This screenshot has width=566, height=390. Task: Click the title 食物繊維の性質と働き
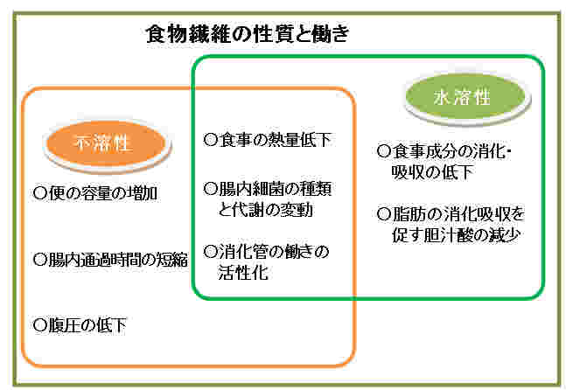pyautogui.click(x=248, y=34)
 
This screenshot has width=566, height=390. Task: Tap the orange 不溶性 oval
pyautogui.click(x=107, y=144)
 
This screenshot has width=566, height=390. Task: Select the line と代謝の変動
pyautogui.click(x=265, y=210)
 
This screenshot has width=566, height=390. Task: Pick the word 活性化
pyautogui.click(x=243, y=272)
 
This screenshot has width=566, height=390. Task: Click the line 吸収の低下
pyautogui.click(x=432, y=172)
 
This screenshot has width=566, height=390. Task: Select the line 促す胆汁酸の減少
pyautogui.click(x=456, y=235)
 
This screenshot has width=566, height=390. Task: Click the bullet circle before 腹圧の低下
pyautogui.click(x=40, y=325)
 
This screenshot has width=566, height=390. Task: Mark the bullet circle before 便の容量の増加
pyautogui.click(x=40, y=193)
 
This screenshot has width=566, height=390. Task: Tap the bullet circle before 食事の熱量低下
pyautogui.click(x=211, y=140)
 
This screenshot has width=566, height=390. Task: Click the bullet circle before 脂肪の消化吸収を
pyautogui.click(x=384, y=214)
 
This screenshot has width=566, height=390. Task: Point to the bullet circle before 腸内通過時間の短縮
pyautogui.click(x=40, y=260)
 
